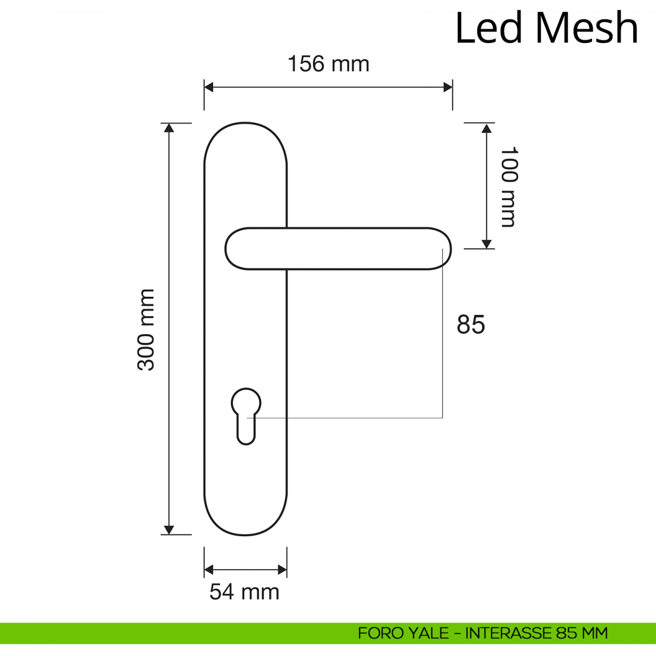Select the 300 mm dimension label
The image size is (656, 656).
tap(146, 330)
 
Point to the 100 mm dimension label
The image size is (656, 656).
tap(508, 187)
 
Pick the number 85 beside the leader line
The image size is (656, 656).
tap(471, 324)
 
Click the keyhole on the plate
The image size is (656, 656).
tap(246, 417)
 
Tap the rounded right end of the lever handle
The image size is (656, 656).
tap(441, 249)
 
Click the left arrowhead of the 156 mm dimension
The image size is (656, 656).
tap(208, 87)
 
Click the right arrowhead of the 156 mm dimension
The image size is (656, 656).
tap(448, 87)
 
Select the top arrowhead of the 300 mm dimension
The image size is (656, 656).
tap(169, 128)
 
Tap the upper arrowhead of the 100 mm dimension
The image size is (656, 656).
tap(487, 128)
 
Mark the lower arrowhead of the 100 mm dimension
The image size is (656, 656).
tap(487, 244)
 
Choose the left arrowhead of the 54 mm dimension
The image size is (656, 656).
tap(208, 570)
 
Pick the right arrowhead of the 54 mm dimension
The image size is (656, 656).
tap(283, 570)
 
